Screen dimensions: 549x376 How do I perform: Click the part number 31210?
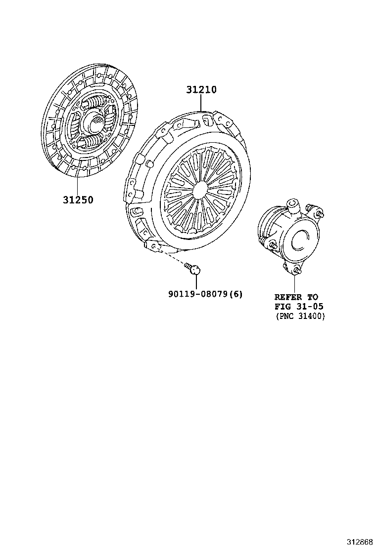pyautogui.click(x=201, y=90)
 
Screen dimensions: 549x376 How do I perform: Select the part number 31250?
pyautogui.click(x=78, y=200)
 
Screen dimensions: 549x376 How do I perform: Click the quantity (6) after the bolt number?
pyautogui.click(x=237, y=294)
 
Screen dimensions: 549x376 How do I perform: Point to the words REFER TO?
pyautogui.click(x=296, y=297)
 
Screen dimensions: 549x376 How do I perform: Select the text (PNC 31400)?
pyautogui.click(x=300, y=316)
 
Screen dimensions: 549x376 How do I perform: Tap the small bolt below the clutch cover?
pyautogui.click(x=193, y=268)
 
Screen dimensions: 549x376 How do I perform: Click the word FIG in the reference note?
pyautogui.click(x=282, y=307)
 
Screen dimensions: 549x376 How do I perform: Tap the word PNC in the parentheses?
pyautogui.click(x=288, y=316)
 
